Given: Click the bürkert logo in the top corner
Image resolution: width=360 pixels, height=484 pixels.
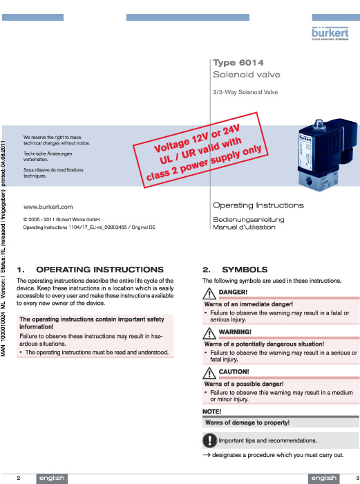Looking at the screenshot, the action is [330, 33].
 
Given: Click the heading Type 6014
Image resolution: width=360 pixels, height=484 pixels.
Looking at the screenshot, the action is [238, 63].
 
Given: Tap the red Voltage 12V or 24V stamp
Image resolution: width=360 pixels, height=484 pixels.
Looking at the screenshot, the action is [200, 150].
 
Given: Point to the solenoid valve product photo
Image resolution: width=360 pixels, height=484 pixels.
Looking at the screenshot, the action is [328, 154].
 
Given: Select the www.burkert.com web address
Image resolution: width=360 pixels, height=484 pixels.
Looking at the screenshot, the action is [48, 207].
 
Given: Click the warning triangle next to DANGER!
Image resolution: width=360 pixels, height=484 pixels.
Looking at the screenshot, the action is [209, 293].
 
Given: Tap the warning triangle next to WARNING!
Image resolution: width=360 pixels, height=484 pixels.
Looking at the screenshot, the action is [209, 333].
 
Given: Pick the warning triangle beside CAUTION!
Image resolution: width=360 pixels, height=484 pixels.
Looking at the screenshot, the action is [209, 373].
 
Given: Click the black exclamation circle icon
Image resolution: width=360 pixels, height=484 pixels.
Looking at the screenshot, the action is [210, 440].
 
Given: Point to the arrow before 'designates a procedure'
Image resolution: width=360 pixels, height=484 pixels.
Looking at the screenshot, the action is [207, 455].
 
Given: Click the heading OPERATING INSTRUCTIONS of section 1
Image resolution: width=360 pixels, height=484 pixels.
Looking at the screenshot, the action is [100, 270].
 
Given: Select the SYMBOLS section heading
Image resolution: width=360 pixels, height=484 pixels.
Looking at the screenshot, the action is [245, 270].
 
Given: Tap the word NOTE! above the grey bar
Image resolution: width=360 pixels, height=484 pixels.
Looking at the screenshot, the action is [212, 411].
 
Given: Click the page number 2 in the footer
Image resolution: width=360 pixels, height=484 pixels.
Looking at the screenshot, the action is [19, 478].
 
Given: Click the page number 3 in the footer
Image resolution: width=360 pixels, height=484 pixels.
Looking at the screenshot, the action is [357, 478].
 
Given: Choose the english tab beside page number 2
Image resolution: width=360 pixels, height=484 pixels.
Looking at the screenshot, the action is [52, 478].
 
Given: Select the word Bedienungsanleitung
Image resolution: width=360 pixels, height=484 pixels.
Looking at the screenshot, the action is [249, 219].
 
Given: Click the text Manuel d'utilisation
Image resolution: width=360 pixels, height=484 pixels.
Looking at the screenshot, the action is [244, 227].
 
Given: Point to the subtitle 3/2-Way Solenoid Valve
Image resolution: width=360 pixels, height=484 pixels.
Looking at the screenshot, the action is [245, 92].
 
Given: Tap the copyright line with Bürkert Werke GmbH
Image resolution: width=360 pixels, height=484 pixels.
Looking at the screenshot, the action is [61, 219].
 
